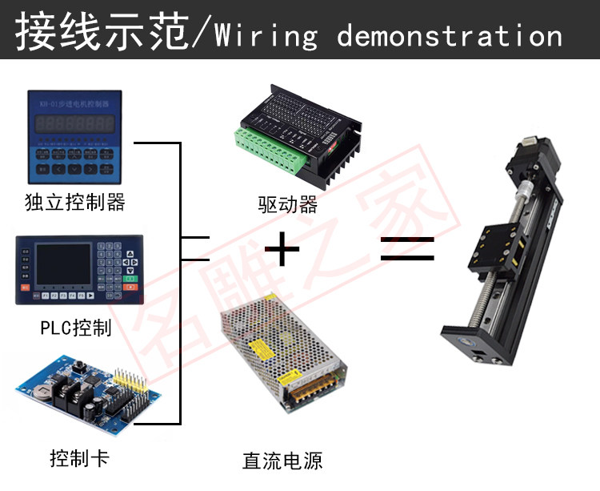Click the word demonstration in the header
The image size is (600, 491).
pos(450,36)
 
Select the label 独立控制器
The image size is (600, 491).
pos(75,202)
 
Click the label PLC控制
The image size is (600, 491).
pos(75,327)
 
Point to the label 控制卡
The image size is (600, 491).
pos(78,458)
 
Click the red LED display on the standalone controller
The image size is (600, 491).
pos(75,125)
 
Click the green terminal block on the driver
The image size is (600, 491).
pos(272,147)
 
